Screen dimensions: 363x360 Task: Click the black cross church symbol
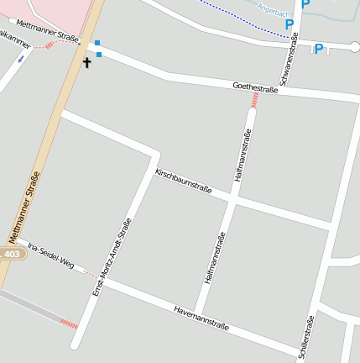coord(86,62)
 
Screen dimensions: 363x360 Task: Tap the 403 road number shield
coord(12,254)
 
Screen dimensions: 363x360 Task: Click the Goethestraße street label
coord(255,88)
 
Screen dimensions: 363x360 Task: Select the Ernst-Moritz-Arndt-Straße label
coord(112,257)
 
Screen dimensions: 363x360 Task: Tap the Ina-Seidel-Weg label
coord(50,257)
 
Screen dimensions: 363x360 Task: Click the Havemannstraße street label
coord(201,317)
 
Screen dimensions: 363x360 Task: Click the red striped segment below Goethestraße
coord(253,101)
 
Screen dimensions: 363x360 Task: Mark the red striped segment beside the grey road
coord(69,324)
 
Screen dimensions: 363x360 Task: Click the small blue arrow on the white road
coord(20,60)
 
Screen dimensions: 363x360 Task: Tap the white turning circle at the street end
coord(354,47)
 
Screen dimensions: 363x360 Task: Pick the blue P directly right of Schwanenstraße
coord(318,50)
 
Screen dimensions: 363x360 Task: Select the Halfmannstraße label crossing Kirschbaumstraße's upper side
coord(243,155)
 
